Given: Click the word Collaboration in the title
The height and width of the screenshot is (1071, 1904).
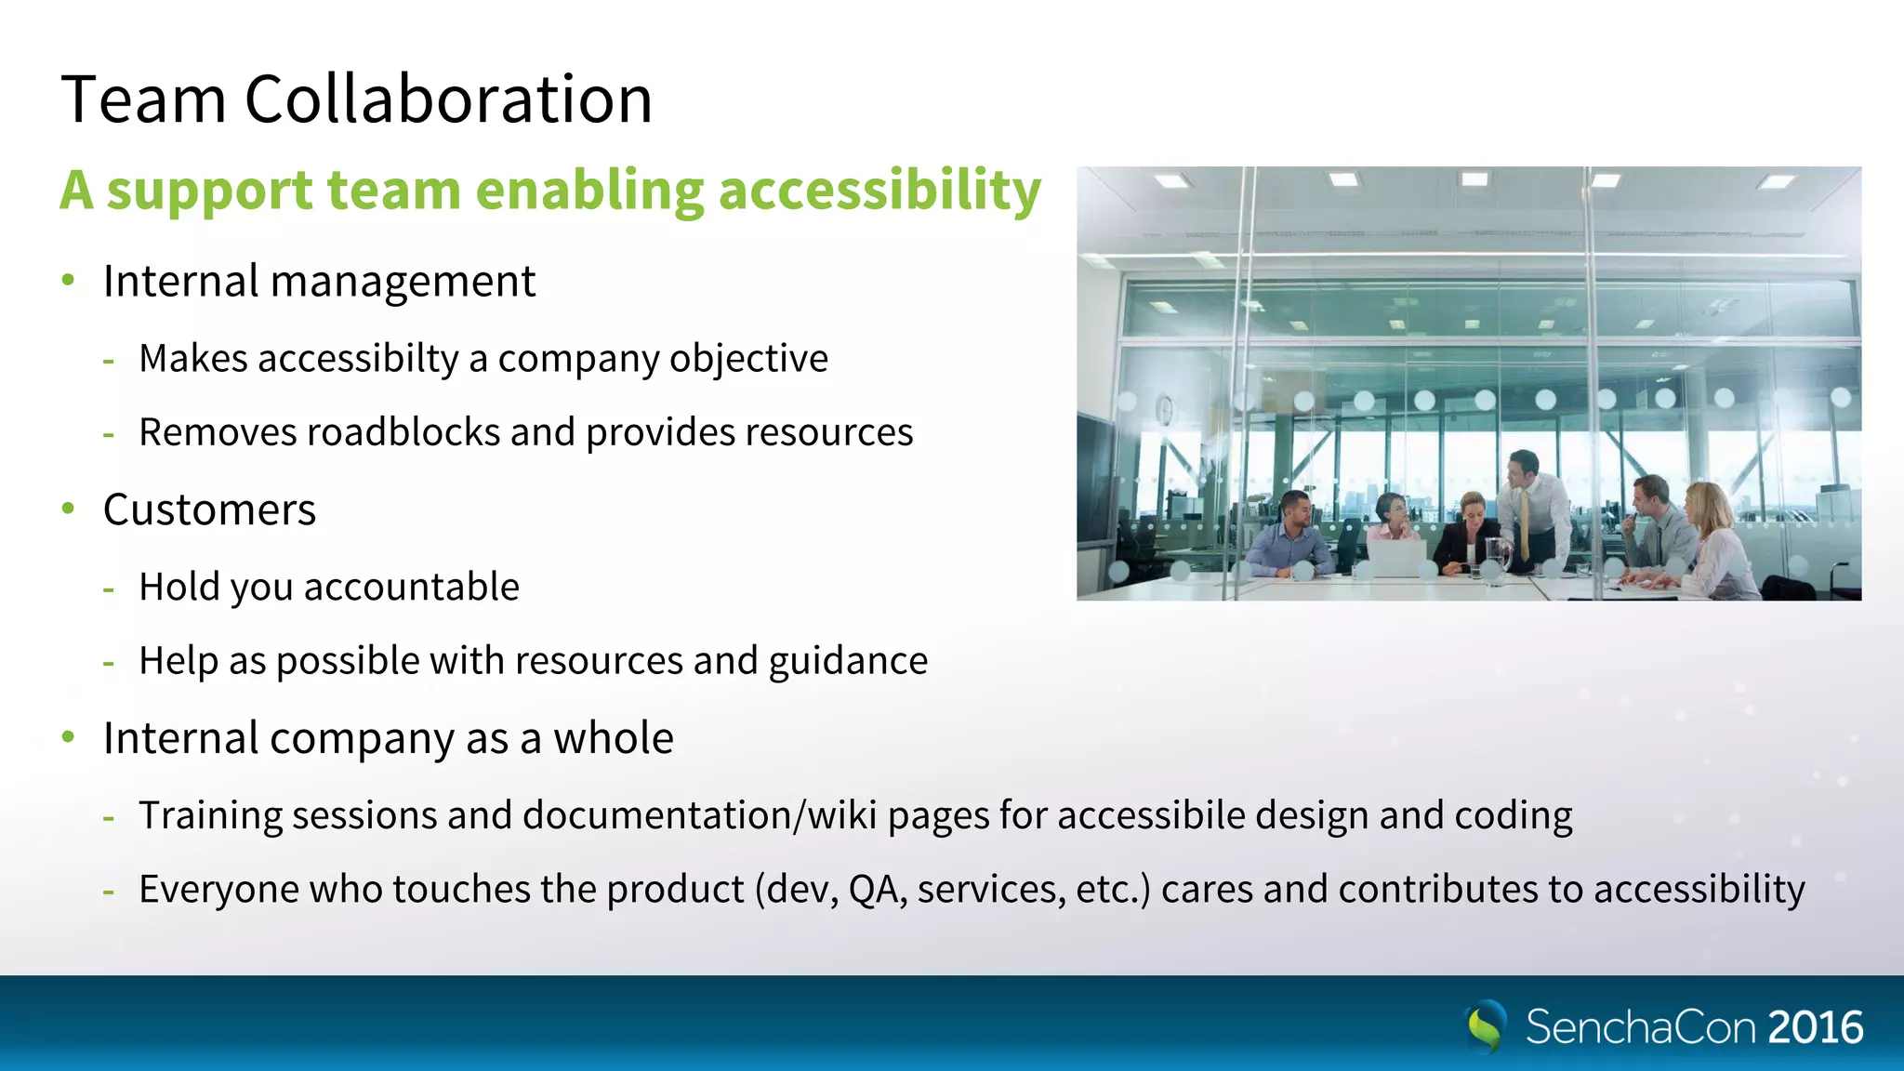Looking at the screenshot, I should [448, 99].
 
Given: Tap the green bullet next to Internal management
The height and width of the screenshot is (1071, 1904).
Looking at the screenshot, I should [68, 280].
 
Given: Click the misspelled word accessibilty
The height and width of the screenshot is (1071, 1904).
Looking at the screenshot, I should [358, 359].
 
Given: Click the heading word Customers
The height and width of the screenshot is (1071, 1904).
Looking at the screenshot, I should [209, 509].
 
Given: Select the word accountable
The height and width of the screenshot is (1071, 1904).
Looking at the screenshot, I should [411, 588].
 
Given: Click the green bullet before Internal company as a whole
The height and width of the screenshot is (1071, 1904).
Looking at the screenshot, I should [68, 737].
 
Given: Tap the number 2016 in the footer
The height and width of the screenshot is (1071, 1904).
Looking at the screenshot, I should [1815, 1027].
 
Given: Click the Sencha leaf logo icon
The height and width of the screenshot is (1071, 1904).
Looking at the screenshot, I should [1486, 1025].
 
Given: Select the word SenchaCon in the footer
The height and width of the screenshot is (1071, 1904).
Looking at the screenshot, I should [1640, 1027].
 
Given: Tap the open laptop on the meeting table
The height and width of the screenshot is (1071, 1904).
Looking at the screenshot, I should [1397, 558].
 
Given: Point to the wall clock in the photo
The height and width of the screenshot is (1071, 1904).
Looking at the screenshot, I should [1164, 409].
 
